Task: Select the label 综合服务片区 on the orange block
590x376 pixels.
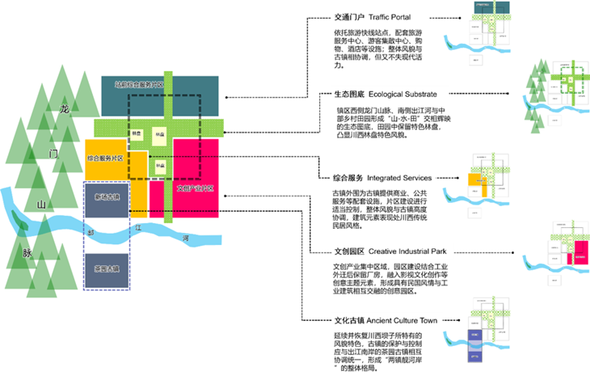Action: pos(105,158)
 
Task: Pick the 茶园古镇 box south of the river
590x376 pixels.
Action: pos(107,268)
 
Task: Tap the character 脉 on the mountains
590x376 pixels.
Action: pos(27,252)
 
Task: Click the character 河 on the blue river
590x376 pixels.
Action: pos(185,238)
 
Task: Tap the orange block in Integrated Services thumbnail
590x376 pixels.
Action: pos(482,191)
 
